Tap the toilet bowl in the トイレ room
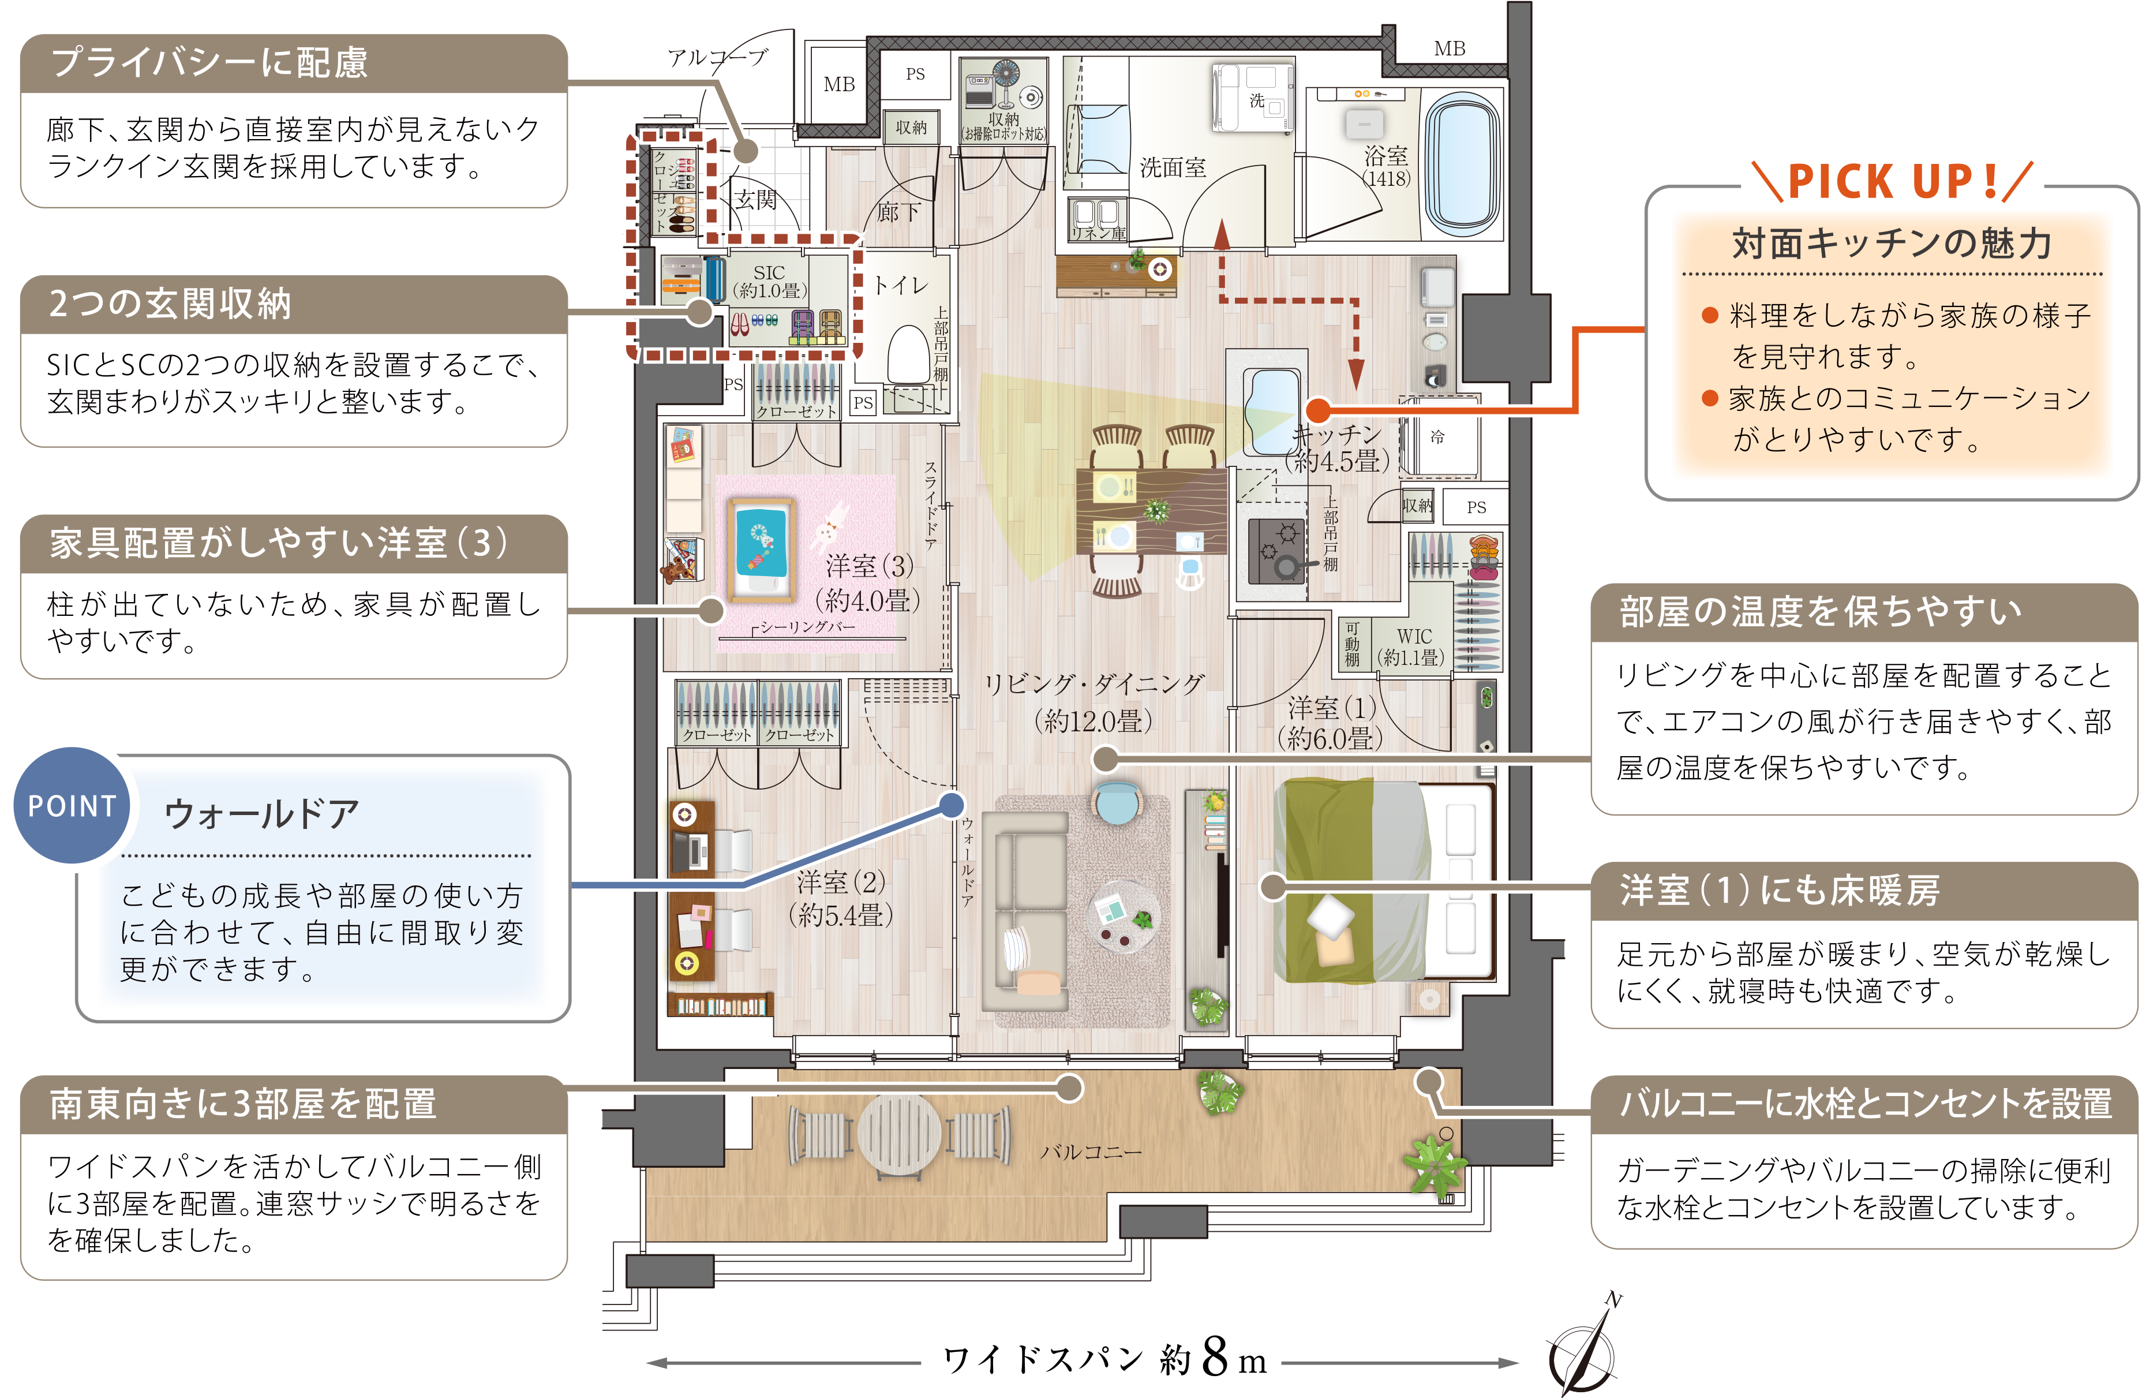[x=908, y=356]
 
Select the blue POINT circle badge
[x=72, y=806]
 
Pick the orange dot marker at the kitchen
[x=1317, y=410]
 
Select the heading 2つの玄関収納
[x=170, y=304]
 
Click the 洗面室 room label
[x=1172, y=167]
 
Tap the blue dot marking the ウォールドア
[x=952, y=805]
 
